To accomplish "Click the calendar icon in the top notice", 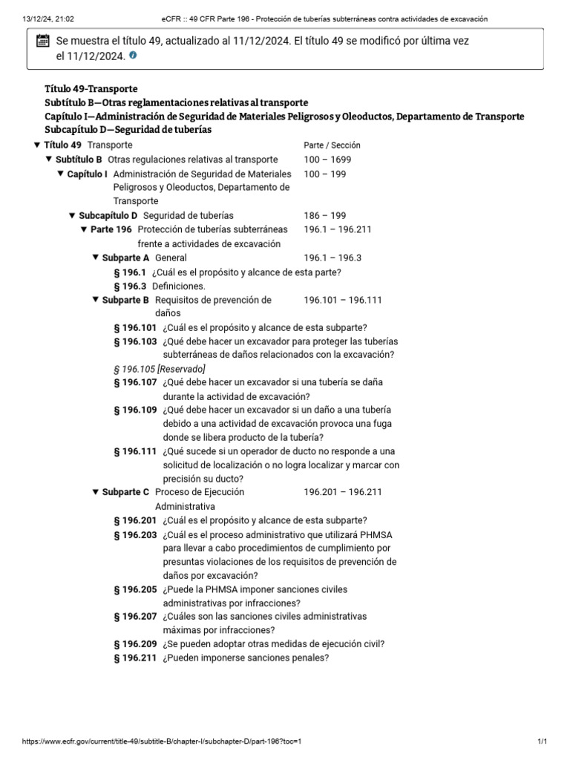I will [42, 42].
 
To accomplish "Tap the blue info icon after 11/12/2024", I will [133, 56].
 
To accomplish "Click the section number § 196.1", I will [130, 272].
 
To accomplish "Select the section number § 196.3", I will [130, 286].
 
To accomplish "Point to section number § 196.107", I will [135, 383].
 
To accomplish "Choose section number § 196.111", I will [135, 451].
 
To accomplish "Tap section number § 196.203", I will [135, 534].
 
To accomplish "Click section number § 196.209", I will [135, 644].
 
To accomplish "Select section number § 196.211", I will [135, 658].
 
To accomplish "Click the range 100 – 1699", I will [327, 160].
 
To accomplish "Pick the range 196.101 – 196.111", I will [342, 300].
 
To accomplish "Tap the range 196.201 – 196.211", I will [342, 492].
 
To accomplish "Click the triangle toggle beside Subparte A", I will [96, 258].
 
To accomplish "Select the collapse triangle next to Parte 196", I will [84, 229].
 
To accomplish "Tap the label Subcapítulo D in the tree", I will [108, 215].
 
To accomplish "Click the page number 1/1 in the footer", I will [543, 741].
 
